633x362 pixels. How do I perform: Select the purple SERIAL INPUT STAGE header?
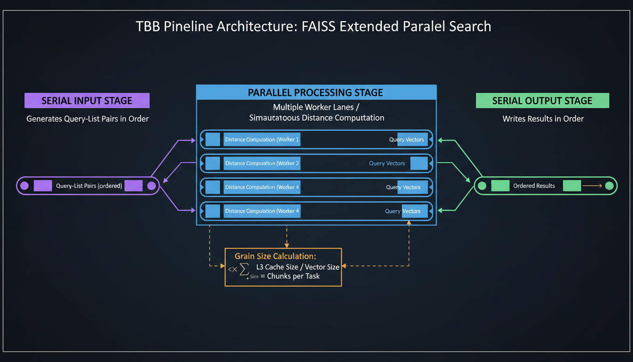pos(87,100)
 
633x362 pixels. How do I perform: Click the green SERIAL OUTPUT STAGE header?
pos(542,100)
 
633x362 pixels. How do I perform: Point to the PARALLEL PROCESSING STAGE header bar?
pos(316,92)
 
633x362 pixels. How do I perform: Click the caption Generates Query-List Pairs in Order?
pos(88,119)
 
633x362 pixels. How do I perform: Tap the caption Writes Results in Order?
pos(543,119)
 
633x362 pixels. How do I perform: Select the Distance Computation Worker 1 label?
pos(262,140)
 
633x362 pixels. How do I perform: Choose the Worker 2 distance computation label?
pos(262,164)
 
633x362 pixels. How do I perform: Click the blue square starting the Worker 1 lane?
pos(213,140)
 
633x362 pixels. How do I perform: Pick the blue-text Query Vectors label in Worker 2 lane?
pos(387,164)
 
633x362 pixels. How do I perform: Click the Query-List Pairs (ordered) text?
pos(89,186)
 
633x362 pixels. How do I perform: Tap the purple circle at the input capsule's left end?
pos(24,186)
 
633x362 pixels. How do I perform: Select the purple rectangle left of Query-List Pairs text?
pos(43,186)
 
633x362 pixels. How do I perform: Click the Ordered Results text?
pos(534,186)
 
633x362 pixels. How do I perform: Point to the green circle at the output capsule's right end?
pos(609,186)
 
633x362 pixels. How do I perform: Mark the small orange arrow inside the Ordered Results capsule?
pos(592,186)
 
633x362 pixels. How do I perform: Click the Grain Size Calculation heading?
pos(276,256)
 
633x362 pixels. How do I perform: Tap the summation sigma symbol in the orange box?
pos(244,269)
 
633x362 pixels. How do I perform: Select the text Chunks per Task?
pos(293,276)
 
